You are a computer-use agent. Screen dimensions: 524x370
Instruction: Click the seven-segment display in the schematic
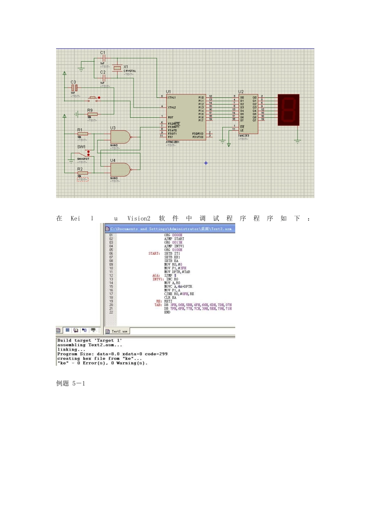coord(289,110)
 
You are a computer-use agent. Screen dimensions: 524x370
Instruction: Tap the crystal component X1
coord(117,68)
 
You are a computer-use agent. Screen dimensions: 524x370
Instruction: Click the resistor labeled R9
coord(92,114)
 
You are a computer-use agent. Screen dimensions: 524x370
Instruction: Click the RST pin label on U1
coord(171,117)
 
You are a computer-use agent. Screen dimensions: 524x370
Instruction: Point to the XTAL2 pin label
coord(172,107)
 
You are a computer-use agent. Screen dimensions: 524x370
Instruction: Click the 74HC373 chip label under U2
coord(244,136)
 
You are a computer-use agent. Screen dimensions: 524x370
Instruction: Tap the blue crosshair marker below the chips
coord(206,163)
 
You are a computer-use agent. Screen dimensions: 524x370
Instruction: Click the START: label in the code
coord(154,253)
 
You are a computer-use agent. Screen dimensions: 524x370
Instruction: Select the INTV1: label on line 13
coord(157,279)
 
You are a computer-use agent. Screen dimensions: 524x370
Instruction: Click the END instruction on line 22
coord(167,312)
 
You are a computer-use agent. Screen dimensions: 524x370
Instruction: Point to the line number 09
coord(111,265)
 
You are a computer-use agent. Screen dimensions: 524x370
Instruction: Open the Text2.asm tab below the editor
coord(117,331)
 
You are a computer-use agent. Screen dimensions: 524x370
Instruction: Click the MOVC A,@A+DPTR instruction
coord(178,287)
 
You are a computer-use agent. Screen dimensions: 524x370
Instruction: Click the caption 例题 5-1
coord(70,384)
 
